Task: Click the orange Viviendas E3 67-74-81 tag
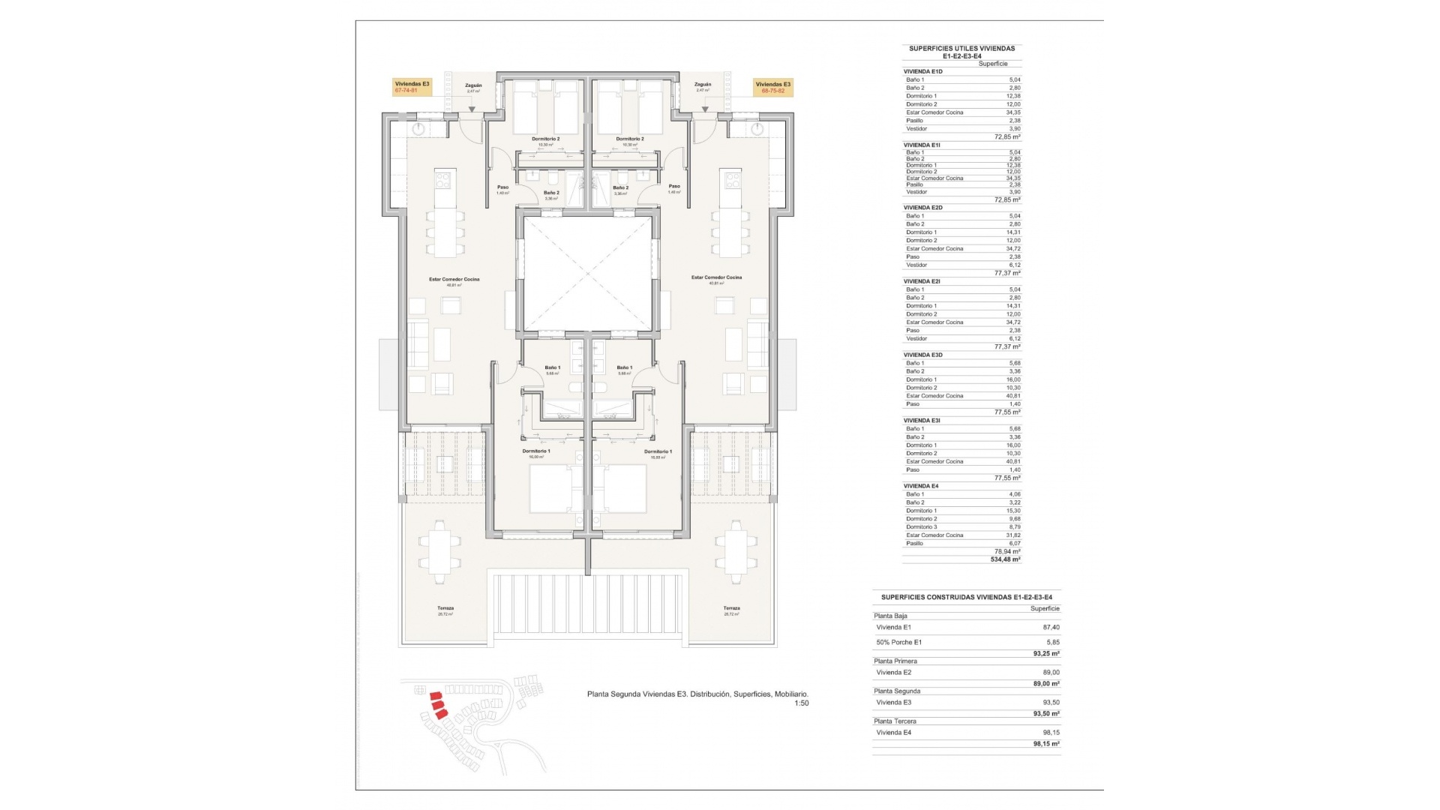point(412,87)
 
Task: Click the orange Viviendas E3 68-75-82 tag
point(772,87)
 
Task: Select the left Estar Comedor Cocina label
point(454,280)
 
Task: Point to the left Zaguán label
point(473,86)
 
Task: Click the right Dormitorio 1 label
point(658,452)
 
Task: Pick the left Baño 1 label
point(553,368)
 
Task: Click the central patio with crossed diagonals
point(587,273)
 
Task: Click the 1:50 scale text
point(801,703)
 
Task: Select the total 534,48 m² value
point(1005,559)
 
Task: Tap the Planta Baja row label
point(890,616)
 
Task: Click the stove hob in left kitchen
point(443,179)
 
